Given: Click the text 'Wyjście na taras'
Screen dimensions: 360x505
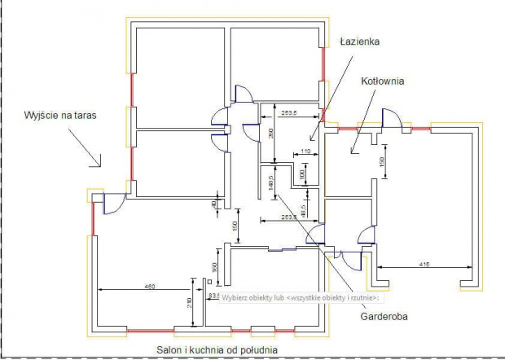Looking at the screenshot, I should (60, 116).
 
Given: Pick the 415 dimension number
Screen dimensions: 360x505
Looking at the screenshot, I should (424, 264).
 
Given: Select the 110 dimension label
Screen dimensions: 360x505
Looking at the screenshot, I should (306, 151).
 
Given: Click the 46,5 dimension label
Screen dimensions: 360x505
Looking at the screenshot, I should (303, 207).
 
